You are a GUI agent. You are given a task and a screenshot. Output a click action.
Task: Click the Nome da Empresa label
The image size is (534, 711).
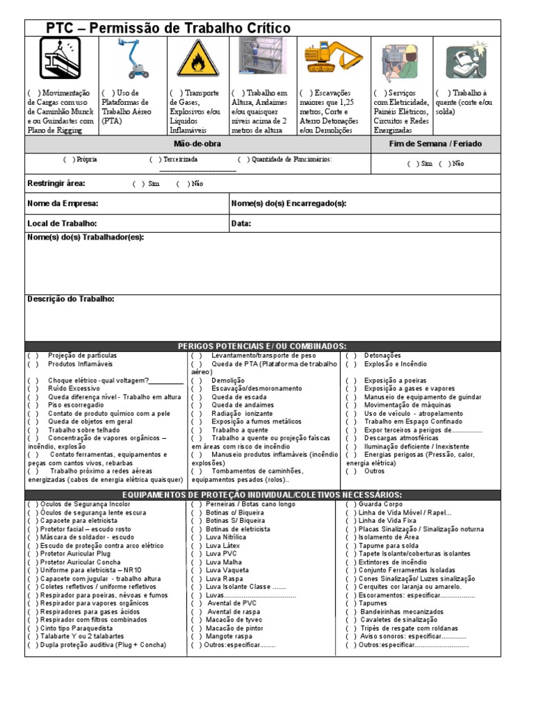[63, 203]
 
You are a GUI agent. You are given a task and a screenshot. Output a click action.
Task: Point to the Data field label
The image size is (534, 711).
[241, 224]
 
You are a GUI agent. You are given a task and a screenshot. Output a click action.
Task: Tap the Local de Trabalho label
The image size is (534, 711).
[62, 224]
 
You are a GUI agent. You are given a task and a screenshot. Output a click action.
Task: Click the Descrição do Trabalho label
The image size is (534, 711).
[71, 299]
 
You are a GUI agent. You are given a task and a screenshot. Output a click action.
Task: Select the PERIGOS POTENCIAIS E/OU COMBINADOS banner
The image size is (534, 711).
[262, 346]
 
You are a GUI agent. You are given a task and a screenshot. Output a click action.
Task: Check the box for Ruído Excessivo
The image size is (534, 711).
[33, 389]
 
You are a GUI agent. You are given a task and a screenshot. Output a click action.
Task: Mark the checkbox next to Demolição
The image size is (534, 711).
[197, 380]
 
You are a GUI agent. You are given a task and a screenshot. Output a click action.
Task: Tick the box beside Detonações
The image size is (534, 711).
[351, 355]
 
